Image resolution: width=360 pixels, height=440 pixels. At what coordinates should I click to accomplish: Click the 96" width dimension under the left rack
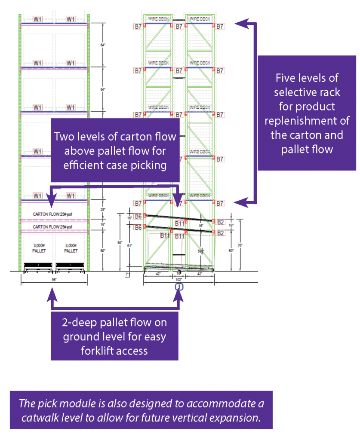point(54,278)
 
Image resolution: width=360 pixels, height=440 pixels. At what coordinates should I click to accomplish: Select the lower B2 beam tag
point(220,233)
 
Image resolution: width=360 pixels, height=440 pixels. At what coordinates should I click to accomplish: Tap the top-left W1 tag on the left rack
point(38,19)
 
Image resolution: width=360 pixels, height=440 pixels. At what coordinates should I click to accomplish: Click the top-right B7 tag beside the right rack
point(220,27)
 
